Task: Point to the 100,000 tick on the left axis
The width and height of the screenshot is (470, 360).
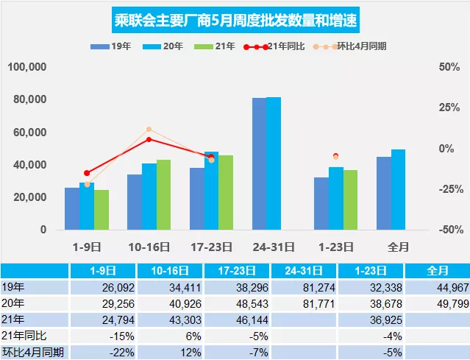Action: click(x=27, y=67)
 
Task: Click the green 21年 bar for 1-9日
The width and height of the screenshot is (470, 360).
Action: click(x=102, y=210)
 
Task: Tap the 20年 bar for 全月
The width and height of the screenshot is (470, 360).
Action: click(x=398, y=189)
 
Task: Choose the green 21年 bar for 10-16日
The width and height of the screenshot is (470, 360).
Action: click(x=163, y=194)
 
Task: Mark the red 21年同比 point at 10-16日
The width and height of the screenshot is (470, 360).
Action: click(x=149, y=139)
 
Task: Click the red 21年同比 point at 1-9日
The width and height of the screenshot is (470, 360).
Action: click(x=87, y=173)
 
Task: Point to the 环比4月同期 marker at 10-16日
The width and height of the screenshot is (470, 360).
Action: click(x=149, y=130)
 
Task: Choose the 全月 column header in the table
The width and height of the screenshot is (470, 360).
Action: click(x=437, y=270)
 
